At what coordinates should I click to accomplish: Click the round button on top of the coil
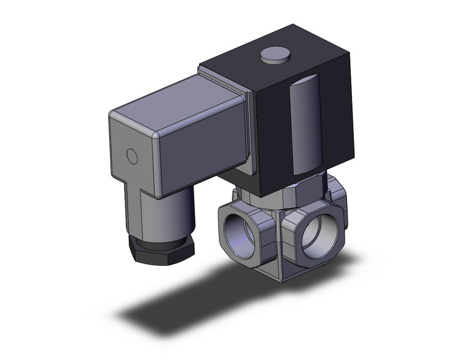point(274,56)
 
